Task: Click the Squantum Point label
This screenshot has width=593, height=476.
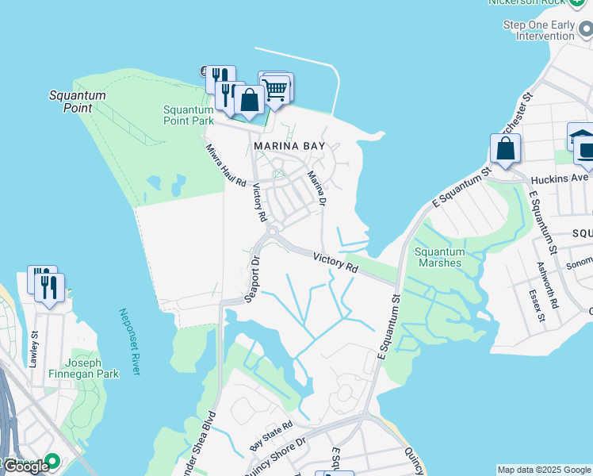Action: click(x=77, y=101)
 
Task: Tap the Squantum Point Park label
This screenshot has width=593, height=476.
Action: click(x=189, y=115)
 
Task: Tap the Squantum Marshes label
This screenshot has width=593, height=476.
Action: click(x=440, y=257)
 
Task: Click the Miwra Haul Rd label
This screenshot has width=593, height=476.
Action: click(x=226, y=165)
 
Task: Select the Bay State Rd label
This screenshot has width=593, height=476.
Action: click(x=270, y=436)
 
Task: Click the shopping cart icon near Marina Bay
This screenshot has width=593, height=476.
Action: click(x=276, y=89)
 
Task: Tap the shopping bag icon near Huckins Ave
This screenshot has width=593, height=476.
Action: click(x=505, y=148)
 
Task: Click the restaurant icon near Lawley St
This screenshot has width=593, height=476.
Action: click(x=50, y=288)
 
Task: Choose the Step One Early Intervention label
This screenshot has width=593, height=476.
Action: click(x=539, y=30)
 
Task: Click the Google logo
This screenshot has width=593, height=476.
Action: click(x=26, y=466)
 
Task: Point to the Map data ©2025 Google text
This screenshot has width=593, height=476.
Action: click(x=544, y=470)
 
